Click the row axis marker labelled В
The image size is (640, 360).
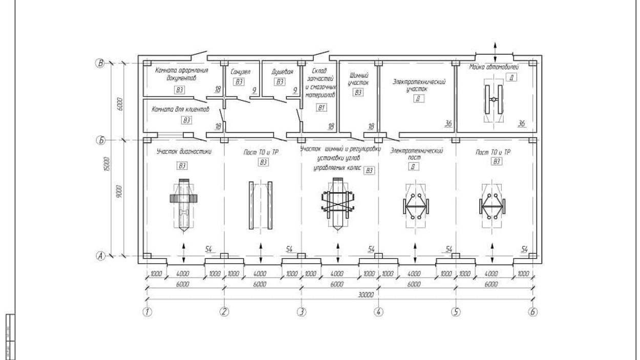click(101, 63)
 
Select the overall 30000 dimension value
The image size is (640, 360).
click(366, 295)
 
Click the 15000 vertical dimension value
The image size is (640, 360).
click(106, 165)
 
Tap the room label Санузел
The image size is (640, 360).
click(241, 72)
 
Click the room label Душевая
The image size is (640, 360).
click(282, 72)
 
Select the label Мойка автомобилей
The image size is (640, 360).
click(494, 67)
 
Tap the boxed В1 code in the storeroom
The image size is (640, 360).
click(321, 108)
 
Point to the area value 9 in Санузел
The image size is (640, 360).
click(253, 91)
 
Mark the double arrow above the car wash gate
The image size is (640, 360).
click(495, 50)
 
